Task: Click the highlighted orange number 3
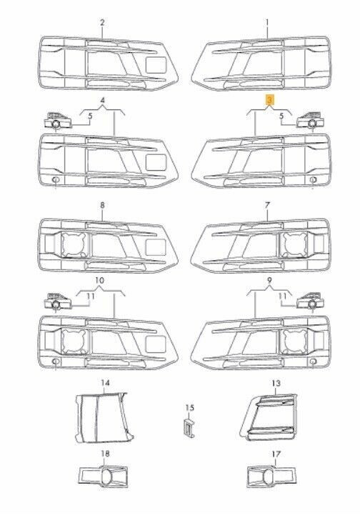tap(270, 100)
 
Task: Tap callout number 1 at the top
tap(267, 22)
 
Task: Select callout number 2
tap(102, 22)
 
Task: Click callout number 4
tap(103, 100)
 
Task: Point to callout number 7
tap(267, 205)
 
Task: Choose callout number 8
tap(102, 205)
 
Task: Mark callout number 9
tap(270, 281)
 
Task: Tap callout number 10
tap(99, 281)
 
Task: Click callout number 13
tap(276, 383)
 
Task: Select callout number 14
tap(105, 383)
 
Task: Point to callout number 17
tap(276, 454)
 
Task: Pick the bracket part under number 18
tap(103, 477)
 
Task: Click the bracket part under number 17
tap(272, 477)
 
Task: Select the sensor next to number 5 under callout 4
tap(58, 121)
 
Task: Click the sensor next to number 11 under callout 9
tap(310, 302)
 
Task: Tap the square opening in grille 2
tap(156, 65)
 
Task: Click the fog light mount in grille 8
tap(74, 244)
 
